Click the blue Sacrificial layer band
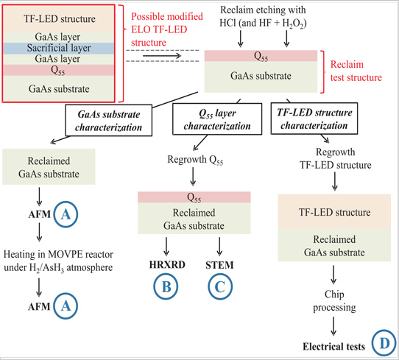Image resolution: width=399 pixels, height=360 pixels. (58, 48)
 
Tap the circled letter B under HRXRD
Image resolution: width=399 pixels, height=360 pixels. (166, 286)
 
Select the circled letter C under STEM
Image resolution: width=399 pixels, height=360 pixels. (220, 286)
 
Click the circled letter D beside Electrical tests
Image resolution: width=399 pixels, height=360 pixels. (384, 343)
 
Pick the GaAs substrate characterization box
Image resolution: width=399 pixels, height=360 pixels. (109, 120)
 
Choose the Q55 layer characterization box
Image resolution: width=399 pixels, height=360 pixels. (217, 119)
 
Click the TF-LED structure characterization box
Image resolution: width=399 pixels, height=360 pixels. (314, 119)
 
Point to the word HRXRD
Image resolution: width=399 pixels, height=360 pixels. (167, 265)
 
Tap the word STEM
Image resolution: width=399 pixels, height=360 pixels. (219, 265)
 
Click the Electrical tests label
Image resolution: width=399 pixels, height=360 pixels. (334, 347)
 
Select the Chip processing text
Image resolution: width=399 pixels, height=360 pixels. (334, 300)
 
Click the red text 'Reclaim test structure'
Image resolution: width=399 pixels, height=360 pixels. (356, 71)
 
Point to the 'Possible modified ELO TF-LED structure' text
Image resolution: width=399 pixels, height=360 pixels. (167, 29)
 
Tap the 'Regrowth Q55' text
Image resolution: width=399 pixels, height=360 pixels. (195, 160)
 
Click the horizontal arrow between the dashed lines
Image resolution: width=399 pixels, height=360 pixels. (162, 56)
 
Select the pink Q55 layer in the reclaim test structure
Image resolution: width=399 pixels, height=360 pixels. (261, 56)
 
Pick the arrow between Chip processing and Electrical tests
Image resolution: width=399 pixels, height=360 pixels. (333, 326)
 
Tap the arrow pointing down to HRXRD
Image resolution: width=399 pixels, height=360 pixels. (166, 247)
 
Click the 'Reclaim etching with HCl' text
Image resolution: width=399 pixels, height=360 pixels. (263, 16)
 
